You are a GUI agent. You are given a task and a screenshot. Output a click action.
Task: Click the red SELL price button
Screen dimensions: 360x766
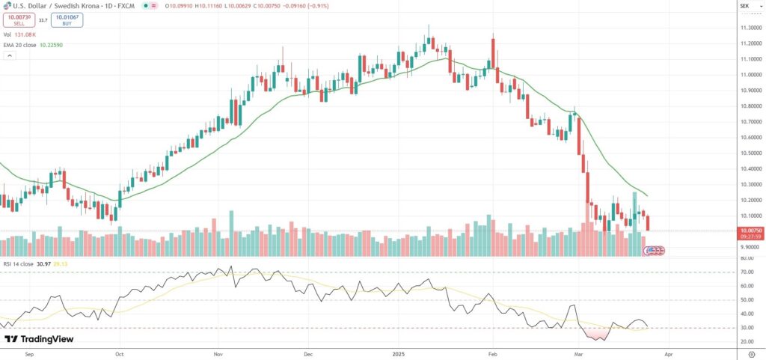[19, 20]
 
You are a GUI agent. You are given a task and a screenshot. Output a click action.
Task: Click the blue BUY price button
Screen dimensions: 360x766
[68, 20]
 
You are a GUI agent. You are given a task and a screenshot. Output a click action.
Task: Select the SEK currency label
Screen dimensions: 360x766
[744, 6]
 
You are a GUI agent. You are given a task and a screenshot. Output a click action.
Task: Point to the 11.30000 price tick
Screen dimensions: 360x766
[750, 28]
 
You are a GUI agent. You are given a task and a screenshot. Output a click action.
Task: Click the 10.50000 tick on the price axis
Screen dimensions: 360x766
[750, 153]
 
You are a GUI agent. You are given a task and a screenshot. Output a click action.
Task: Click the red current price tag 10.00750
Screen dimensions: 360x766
[750, 231]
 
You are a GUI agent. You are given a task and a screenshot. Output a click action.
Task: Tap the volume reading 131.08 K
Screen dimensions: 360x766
[25, 34]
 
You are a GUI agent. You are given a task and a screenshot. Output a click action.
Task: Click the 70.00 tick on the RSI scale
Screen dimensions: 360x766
[746, 272]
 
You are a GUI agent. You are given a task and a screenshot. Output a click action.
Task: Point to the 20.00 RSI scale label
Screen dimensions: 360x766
[746, 341]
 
